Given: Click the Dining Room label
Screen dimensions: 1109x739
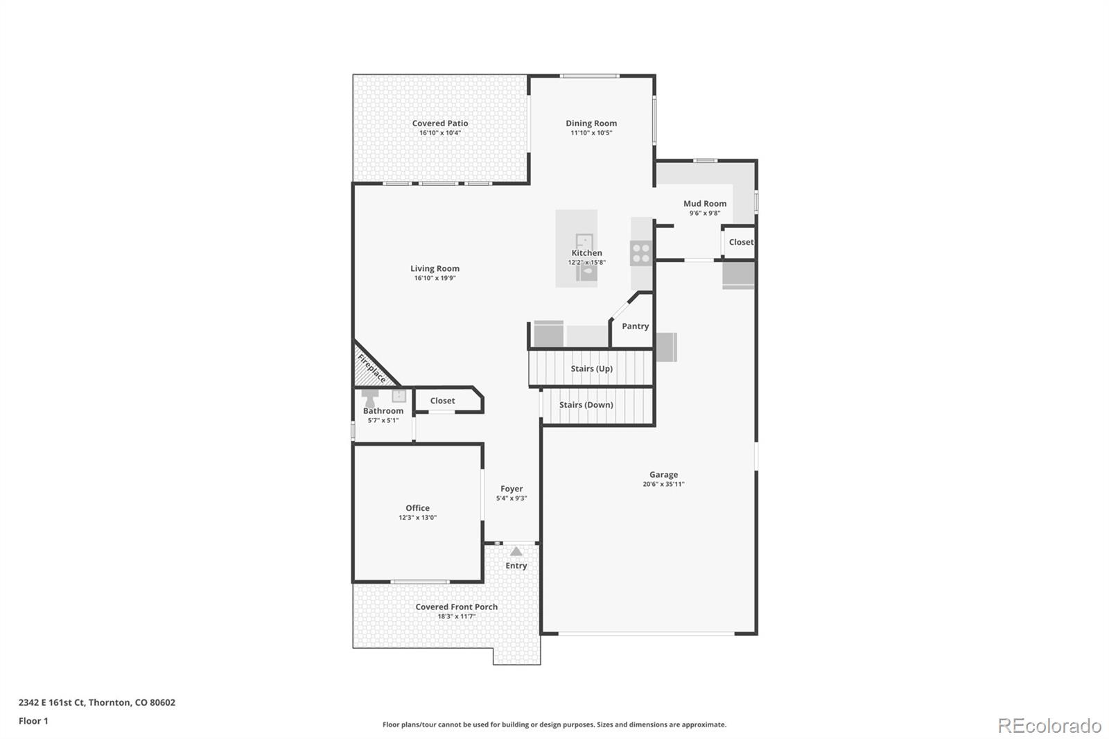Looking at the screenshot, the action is point(591,123).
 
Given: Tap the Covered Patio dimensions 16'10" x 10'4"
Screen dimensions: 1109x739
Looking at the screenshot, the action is point(440,132).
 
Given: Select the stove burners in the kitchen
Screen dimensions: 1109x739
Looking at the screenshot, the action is point(641,252).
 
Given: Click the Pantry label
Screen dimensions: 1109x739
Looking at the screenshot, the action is point(635,326).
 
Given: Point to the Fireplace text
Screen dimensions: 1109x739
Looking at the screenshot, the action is point(372,369).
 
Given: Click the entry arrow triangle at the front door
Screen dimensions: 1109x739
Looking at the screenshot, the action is point(516,551).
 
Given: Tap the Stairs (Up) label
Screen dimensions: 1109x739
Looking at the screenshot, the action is point(592,369).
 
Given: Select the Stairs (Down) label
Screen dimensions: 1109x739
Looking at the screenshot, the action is point(586,405).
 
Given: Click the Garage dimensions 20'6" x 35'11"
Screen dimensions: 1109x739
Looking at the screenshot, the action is point(663,484).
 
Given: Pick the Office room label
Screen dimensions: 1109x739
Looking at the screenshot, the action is point(417,507).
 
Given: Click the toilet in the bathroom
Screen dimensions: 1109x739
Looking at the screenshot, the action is point(370,398).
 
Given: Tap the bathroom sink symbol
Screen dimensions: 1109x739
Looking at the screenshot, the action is point(399,396).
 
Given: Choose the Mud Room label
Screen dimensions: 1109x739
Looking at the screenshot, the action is point(705,204).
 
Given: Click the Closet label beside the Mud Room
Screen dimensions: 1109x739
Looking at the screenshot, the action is point(741,242).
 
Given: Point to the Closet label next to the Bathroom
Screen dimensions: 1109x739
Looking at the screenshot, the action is point(442,401).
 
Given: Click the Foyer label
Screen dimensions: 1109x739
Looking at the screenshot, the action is point(512,489).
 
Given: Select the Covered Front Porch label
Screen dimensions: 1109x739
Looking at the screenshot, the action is point(457,607).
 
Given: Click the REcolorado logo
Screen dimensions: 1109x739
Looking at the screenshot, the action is point(1049,726).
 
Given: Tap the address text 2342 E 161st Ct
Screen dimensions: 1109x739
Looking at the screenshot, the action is point(51,702).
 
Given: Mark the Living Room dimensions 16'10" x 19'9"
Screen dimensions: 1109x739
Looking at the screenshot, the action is point(435,279).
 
